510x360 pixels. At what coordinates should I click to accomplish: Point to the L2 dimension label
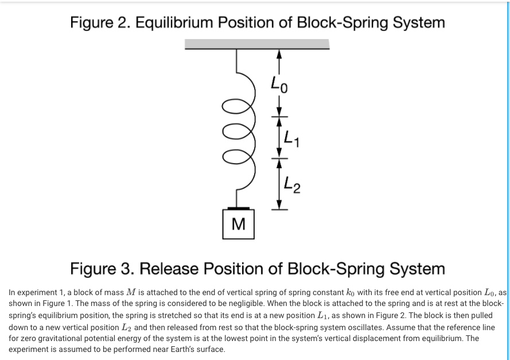(293, 185)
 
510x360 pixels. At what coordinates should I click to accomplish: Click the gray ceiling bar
(257, 44)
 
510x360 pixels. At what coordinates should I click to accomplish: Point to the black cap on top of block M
(238, 208)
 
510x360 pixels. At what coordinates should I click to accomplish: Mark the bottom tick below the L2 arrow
(279, 210)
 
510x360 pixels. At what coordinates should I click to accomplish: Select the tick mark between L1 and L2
(279, 158)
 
